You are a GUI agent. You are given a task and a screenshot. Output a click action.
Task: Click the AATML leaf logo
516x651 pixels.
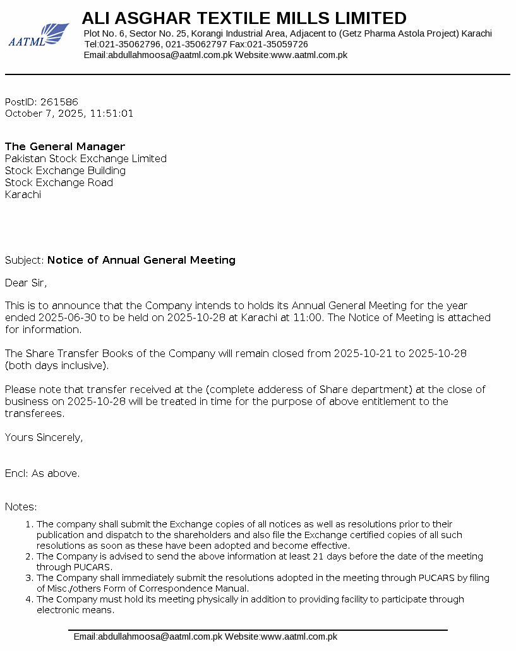[x=39, y=35]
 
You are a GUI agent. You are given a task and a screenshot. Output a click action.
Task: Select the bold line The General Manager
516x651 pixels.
[x=65, y=146]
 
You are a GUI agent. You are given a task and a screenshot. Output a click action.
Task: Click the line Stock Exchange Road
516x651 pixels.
[x=59, y=182]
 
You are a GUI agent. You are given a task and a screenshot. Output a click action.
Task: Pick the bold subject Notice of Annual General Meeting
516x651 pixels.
[x=141, y=260]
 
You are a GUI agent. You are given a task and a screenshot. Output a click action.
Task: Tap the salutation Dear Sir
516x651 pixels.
[x=26, y=283]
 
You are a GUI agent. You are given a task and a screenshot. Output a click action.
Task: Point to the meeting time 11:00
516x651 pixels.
[x=309, y=317]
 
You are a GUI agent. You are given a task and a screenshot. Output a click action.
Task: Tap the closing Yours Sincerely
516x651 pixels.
[x=44, y=437]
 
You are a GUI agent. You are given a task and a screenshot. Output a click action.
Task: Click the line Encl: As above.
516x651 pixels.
[x=42, y=473]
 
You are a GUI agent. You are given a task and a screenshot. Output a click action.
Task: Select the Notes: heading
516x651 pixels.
[x=21, y=507]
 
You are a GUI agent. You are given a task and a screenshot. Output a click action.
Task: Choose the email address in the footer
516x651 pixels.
[x=148, y=636]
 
